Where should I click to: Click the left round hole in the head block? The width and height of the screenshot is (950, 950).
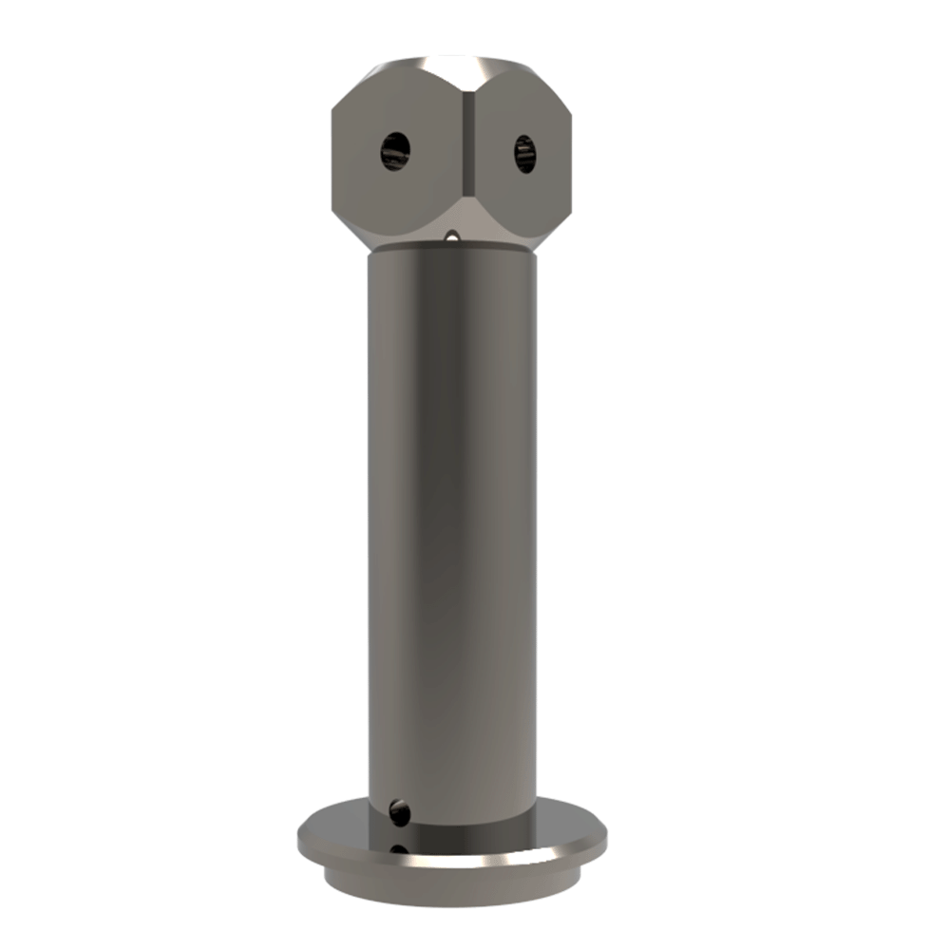pyautogui.click(x=395, y=150)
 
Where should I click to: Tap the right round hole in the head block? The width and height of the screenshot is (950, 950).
pyautogui.click(x=524, y=153)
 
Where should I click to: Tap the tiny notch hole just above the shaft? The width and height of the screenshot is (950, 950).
pyautogui.click(x=453, y=235)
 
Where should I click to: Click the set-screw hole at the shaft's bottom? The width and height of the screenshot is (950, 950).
pyautogui.click(x=400, y=812)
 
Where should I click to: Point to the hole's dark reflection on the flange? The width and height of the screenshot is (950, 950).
pyautogui.click(x=400, y=851)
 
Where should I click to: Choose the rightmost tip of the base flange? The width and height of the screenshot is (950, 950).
pyautogui.click(x=606, y=836)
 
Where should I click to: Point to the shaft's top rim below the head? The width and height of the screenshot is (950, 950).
pyautogui.click(x=452, y=248)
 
